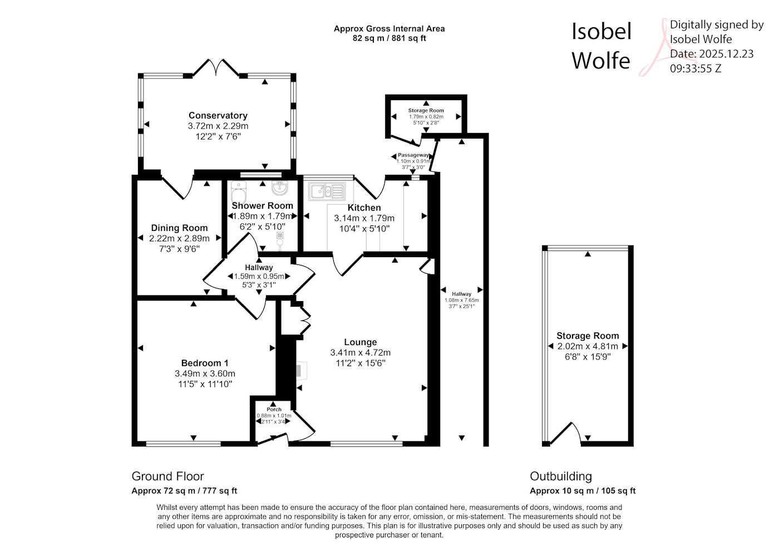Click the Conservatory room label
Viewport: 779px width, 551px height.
coord(218,116)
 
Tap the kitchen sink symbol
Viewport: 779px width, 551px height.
coord(327,191)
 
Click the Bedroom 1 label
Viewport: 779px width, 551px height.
coord(205,363)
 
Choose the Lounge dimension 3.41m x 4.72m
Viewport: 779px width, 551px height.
coord(361,353)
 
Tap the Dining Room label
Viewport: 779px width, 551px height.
coord(179,228)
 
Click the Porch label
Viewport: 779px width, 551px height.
coord(274,410)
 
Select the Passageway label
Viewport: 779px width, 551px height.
coord(413,155)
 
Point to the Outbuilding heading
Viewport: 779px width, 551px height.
coord(561,476)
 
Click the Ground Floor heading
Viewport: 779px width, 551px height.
coord(167,476)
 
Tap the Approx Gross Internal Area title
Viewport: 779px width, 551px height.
coord(389,29)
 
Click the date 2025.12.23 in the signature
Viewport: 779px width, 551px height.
coord(726,54)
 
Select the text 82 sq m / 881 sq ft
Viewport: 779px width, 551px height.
coord(389,38)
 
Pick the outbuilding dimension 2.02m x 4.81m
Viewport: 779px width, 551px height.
coord(588,346)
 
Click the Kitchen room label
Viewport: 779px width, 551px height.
coord(364,208)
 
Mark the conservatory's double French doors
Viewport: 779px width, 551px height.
coord(216,67)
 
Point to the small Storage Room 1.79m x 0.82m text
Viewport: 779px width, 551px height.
coord(426,117)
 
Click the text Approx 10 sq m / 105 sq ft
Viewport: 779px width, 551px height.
coord(583,491)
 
